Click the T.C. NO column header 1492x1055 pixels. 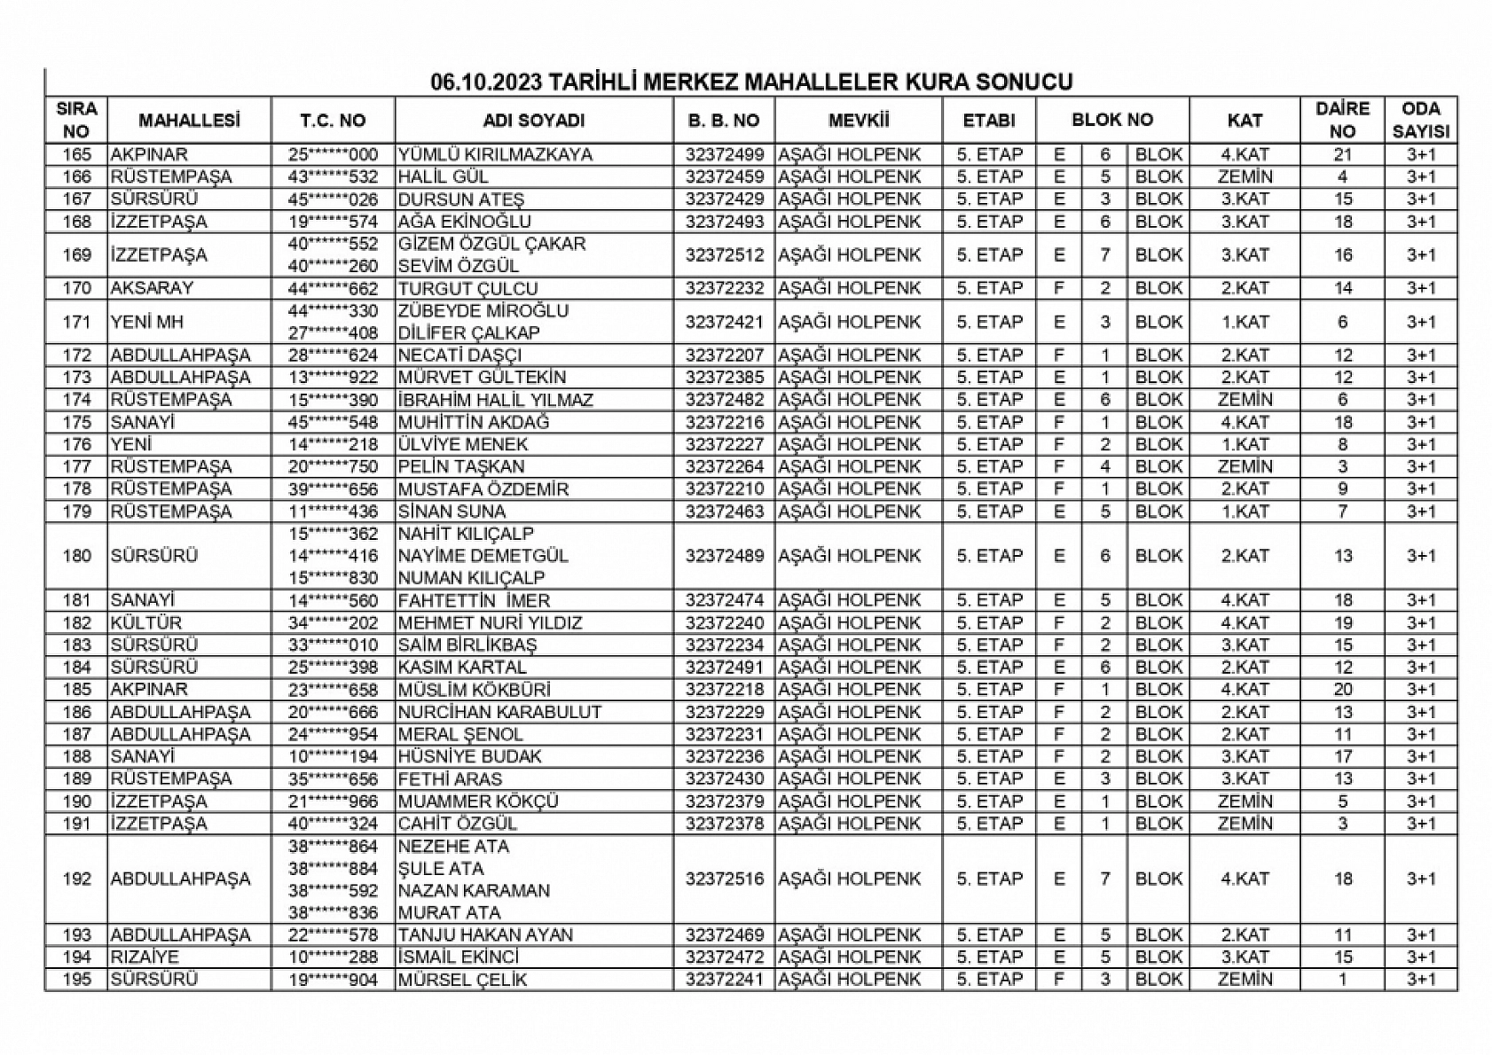click(x=333, y=121)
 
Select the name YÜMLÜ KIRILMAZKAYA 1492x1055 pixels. click(x=494, y=154)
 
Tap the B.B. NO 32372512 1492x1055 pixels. click(x=724, y=255)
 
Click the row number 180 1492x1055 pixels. click(x=77, y=556)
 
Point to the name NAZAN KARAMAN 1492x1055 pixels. click(x=474, y=890)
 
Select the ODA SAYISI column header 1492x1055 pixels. click(x=1420, y=121)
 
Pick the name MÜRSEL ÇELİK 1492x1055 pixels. click(x=462, y=980)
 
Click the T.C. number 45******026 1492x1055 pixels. click(x=333, y=199)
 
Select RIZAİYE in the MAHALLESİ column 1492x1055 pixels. click(x=145, y=957)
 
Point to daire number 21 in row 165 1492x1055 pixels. click(x=1342, y=154)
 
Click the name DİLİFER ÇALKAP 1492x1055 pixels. click(x=468, y=333)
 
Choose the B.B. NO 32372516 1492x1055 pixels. click(x=724, y=879)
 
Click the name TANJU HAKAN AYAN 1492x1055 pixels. click(x=485, y=934)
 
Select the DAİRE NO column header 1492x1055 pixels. click(x=1342, y=121)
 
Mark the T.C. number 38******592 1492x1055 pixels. click(x=333, y=890)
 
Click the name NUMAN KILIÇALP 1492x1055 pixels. click(x=471, y=578)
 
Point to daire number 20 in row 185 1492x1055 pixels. click(x=1342, y=689)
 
